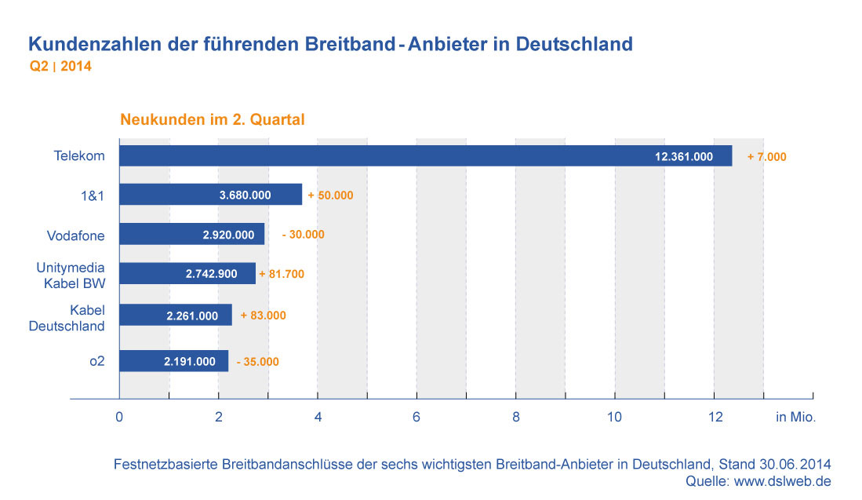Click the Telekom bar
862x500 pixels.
tap(424, 156)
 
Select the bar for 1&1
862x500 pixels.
tap(210, 195)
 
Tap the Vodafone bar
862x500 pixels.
tap(191, 234)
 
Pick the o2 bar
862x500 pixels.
tap(173, 361)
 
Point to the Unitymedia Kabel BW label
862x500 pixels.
tap(71, 275)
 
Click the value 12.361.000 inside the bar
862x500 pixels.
tap(683, 157)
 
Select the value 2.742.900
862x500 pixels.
tap(217, 274)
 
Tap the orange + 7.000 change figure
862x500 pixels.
tap(766, 157)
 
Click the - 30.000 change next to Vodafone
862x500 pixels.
tap(303, 234)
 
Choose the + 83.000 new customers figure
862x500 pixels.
tap(263, 316)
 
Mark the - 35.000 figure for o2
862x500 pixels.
tap(257, 362)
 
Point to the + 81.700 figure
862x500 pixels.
tap(281, 274)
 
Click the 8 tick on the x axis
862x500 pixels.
tap(515, 418)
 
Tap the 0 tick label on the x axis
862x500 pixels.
tap(119, 418)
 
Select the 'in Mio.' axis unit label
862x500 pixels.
tap(795, 418)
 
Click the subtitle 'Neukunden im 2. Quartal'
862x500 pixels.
tap(212, 120)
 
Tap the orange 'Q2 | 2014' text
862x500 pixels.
tap(60, 67)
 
